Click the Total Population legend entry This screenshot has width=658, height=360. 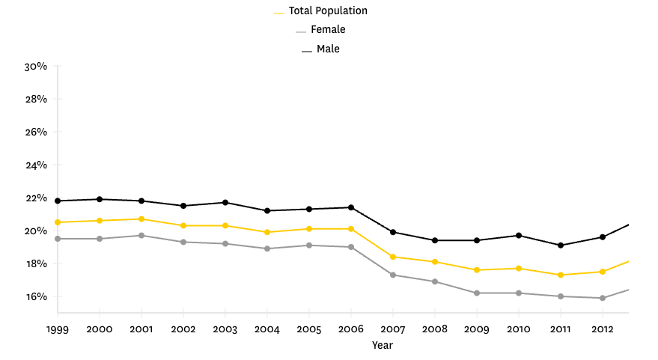[327, 11]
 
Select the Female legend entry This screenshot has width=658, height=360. [327, 30]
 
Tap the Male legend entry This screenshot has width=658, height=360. [327, 49]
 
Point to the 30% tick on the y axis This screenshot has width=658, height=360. [36, 66]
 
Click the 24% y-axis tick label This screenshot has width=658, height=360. [36, 165]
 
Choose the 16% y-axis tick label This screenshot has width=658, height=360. [36, 296]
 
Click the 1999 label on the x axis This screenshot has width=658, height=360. [58, 329]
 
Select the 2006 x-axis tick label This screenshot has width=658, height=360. [352, 329]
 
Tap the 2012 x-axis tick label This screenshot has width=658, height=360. [603, 329]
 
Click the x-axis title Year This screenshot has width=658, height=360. [382, 345]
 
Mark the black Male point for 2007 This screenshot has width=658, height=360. [394, 232]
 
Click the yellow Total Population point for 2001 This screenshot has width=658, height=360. [141, 219]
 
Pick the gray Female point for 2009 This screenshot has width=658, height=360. [478, 293]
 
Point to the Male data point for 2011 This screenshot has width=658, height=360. [561, 245]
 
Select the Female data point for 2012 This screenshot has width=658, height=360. [603, 298]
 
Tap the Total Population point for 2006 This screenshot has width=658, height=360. [352, 229]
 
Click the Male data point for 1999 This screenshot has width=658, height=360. [58, 201]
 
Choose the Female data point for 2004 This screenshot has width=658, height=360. [268, 248]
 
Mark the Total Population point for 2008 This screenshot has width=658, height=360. [436, 262]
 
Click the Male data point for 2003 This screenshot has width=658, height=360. [226, 203]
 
